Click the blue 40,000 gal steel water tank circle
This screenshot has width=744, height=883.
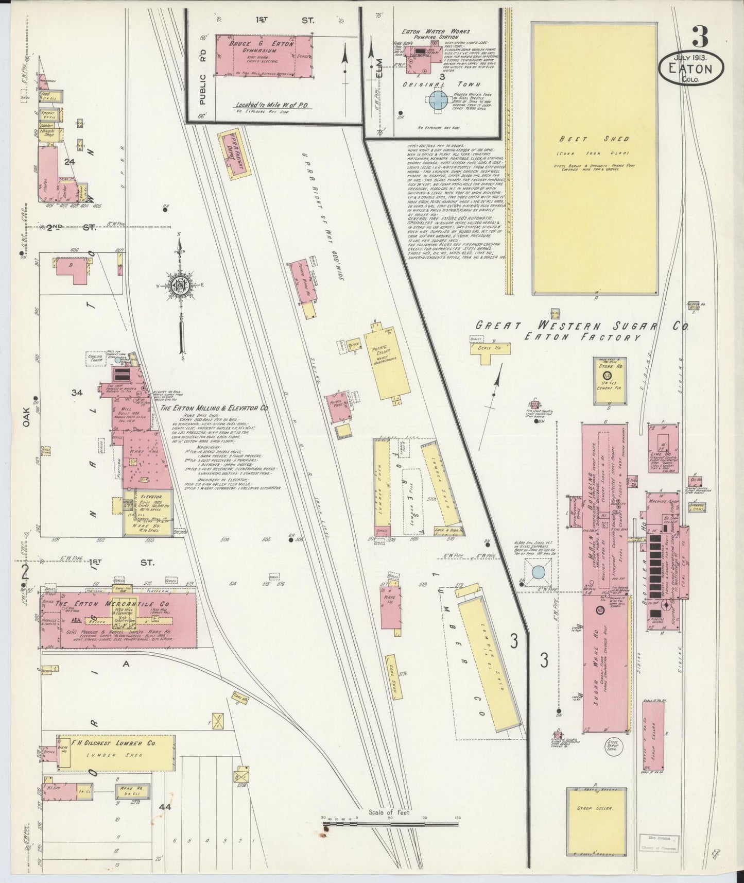(x=537, y=571)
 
